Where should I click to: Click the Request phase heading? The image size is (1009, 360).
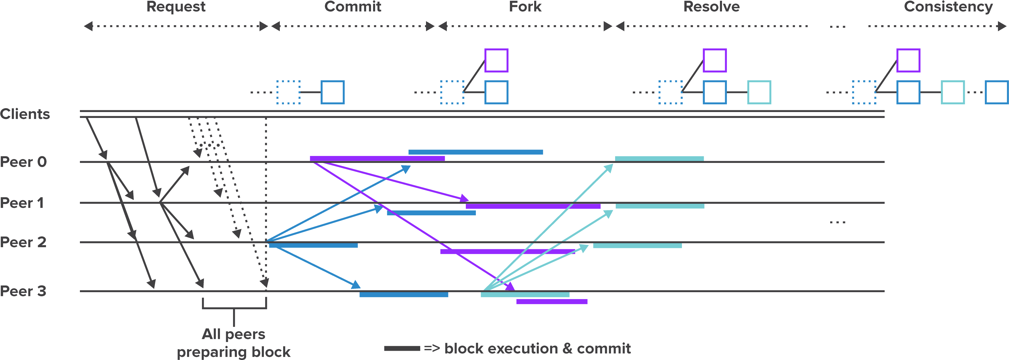click(176, 7)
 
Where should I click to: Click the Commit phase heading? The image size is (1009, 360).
click(353, 7)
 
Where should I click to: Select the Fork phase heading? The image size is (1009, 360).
click(525, 7)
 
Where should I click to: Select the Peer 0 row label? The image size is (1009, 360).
click(23, 162)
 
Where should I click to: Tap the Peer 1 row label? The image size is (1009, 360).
click(22, 203)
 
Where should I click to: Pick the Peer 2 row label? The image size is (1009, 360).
click(23, 242)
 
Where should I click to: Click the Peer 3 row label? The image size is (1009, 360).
click(23, 291)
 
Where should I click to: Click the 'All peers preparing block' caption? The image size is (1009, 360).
click(234, 343)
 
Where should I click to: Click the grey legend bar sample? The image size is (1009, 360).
click(402, 348)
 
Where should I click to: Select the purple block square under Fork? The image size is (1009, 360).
click(496, 60)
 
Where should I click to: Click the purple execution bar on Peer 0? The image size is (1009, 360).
click(377, 159)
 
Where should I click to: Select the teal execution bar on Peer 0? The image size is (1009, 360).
click(659, 159)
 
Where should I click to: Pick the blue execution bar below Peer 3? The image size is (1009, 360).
click(404, 294)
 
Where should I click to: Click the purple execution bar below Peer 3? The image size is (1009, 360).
click(552, 302)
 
